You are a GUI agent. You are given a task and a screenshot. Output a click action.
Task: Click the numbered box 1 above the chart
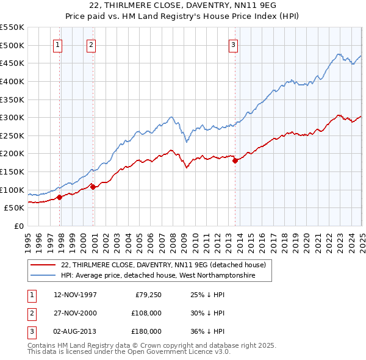point(57,43)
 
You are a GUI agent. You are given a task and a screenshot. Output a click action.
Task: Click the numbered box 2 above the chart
point(91,43)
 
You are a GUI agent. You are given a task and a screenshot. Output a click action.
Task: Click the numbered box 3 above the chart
point(233,43)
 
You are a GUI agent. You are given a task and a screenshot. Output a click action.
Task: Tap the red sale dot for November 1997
point(60,197)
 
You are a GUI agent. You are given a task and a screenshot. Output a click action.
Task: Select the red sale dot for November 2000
point(93,187)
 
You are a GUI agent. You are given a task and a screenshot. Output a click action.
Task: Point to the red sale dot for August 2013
point(235,161)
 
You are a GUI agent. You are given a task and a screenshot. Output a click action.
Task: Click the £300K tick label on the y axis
point(12,117)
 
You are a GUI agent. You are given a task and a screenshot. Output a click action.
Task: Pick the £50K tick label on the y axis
point(15,207)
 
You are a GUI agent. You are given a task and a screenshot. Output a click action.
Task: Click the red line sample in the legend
point(43,265)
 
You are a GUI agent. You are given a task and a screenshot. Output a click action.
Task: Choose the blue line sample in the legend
point(43,276)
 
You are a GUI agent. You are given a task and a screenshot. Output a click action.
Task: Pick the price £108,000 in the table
point(146,313)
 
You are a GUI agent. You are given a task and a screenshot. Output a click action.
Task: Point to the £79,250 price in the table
point(148,295)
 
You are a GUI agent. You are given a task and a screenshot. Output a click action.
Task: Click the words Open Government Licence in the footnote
point(175,351)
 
